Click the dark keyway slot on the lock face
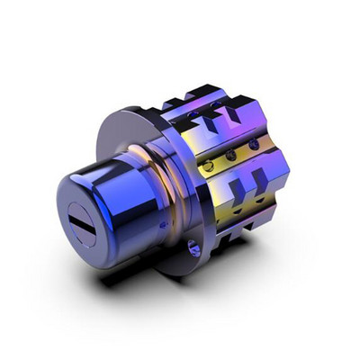pyautogui.click(x=83, y=218)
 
